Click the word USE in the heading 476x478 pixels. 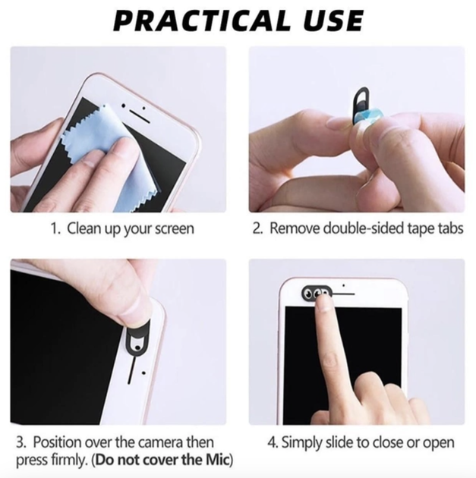coord(333,20)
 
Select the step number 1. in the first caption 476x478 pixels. coord(55,228)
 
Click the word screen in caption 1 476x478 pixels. coord(174,229)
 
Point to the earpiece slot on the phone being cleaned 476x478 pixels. coord(140,116)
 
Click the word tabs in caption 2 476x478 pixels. coord(451,228)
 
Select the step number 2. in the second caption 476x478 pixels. coord(257,228)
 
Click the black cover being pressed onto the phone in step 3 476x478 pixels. coord(137,341)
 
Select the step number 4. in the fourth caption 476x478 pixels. coord(273,442)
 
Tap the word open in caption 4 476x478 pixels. coord(439,444)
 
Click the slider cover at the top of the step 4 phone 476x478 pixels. coord(317,293)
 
